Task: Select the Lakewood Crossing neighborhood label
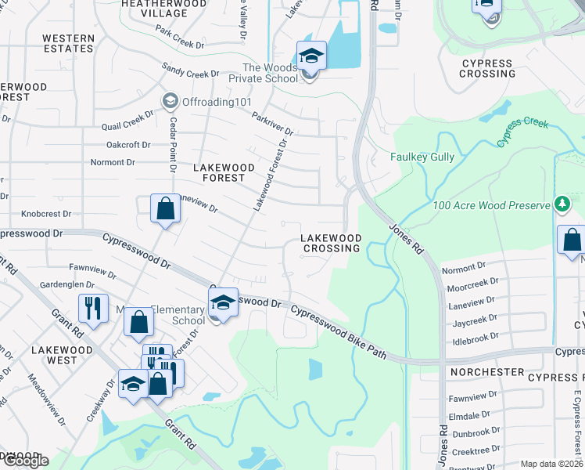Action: pyautogui.click(x=332, y=243)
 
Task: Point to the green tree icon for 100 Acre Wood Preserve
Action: pyautogui.click(x=561, y=204)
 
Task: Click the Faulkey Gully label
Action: pyautogui.click(x=422, y=157)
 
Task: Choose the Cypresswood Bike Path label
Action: pyautogui.click(x=339, y=332)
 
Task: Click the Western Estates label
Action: pyautogui.click(x=68, y=43)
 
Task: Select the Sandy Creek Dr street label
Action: pyautogui.click(x=190, y=72)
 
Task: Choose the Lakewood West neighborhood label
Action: pyautogui.click(x=62, y=355)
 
